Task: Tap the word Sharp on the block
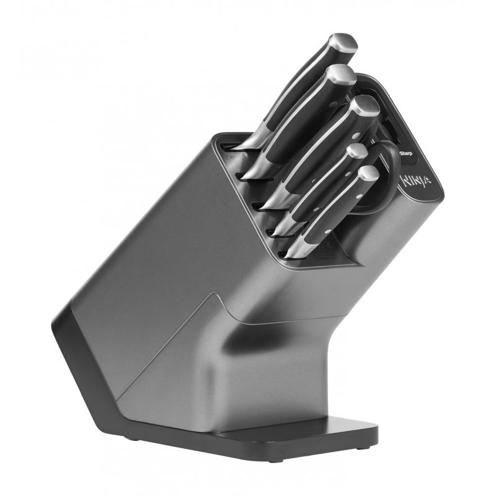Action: (x=406, y=153)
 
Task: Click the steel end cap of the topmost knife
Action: (x=342, y=45)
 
